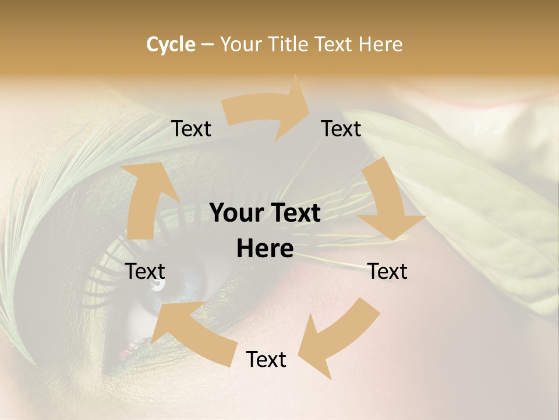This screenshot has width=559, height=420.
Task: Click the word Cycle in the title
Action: (171, 44)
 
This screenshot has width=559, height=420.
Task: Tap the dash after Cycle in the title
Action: (207, 44)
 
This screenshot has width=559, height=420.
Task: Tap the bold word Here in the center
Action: (265, 249)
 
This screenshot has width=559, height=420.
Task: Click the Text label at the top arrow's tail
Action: (192, 129)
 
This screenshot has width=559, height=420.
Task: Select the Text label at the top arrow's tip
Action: (341, 129)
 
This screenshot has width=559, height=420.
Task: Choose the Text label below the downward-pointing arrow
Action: (387, 272)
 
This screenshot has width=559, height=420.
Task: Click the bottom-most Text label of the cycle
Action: (266, 360)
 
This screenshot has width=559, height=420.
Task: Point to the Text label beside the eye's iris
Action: (146, 272)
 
